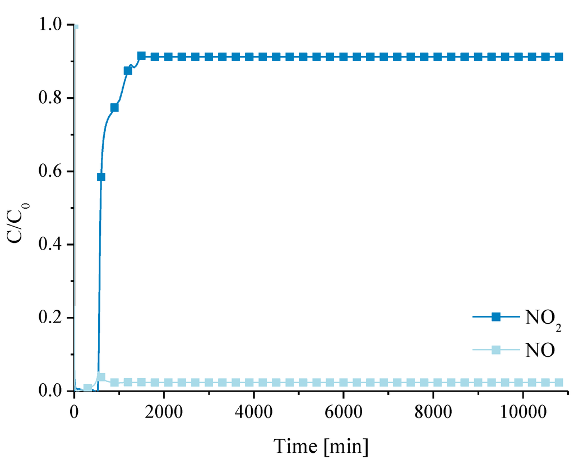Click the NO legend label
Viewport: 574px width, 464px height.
(540, 351)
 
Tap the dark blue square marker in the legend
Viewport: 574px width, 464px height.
(496, 316)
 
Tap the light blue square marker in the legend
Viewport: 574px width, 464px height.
(496, 350)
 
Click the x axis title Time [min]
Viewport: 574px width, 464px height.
(321, 447)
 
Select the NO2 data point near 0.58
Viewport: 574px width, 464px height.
(101, 177)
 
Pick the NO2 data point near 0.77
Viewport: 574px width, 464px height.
(114, 107)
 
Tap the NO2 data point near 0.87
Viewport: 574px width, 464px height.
(128, 71)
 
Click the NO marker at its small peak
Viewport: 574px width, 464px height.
(101, 377)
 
